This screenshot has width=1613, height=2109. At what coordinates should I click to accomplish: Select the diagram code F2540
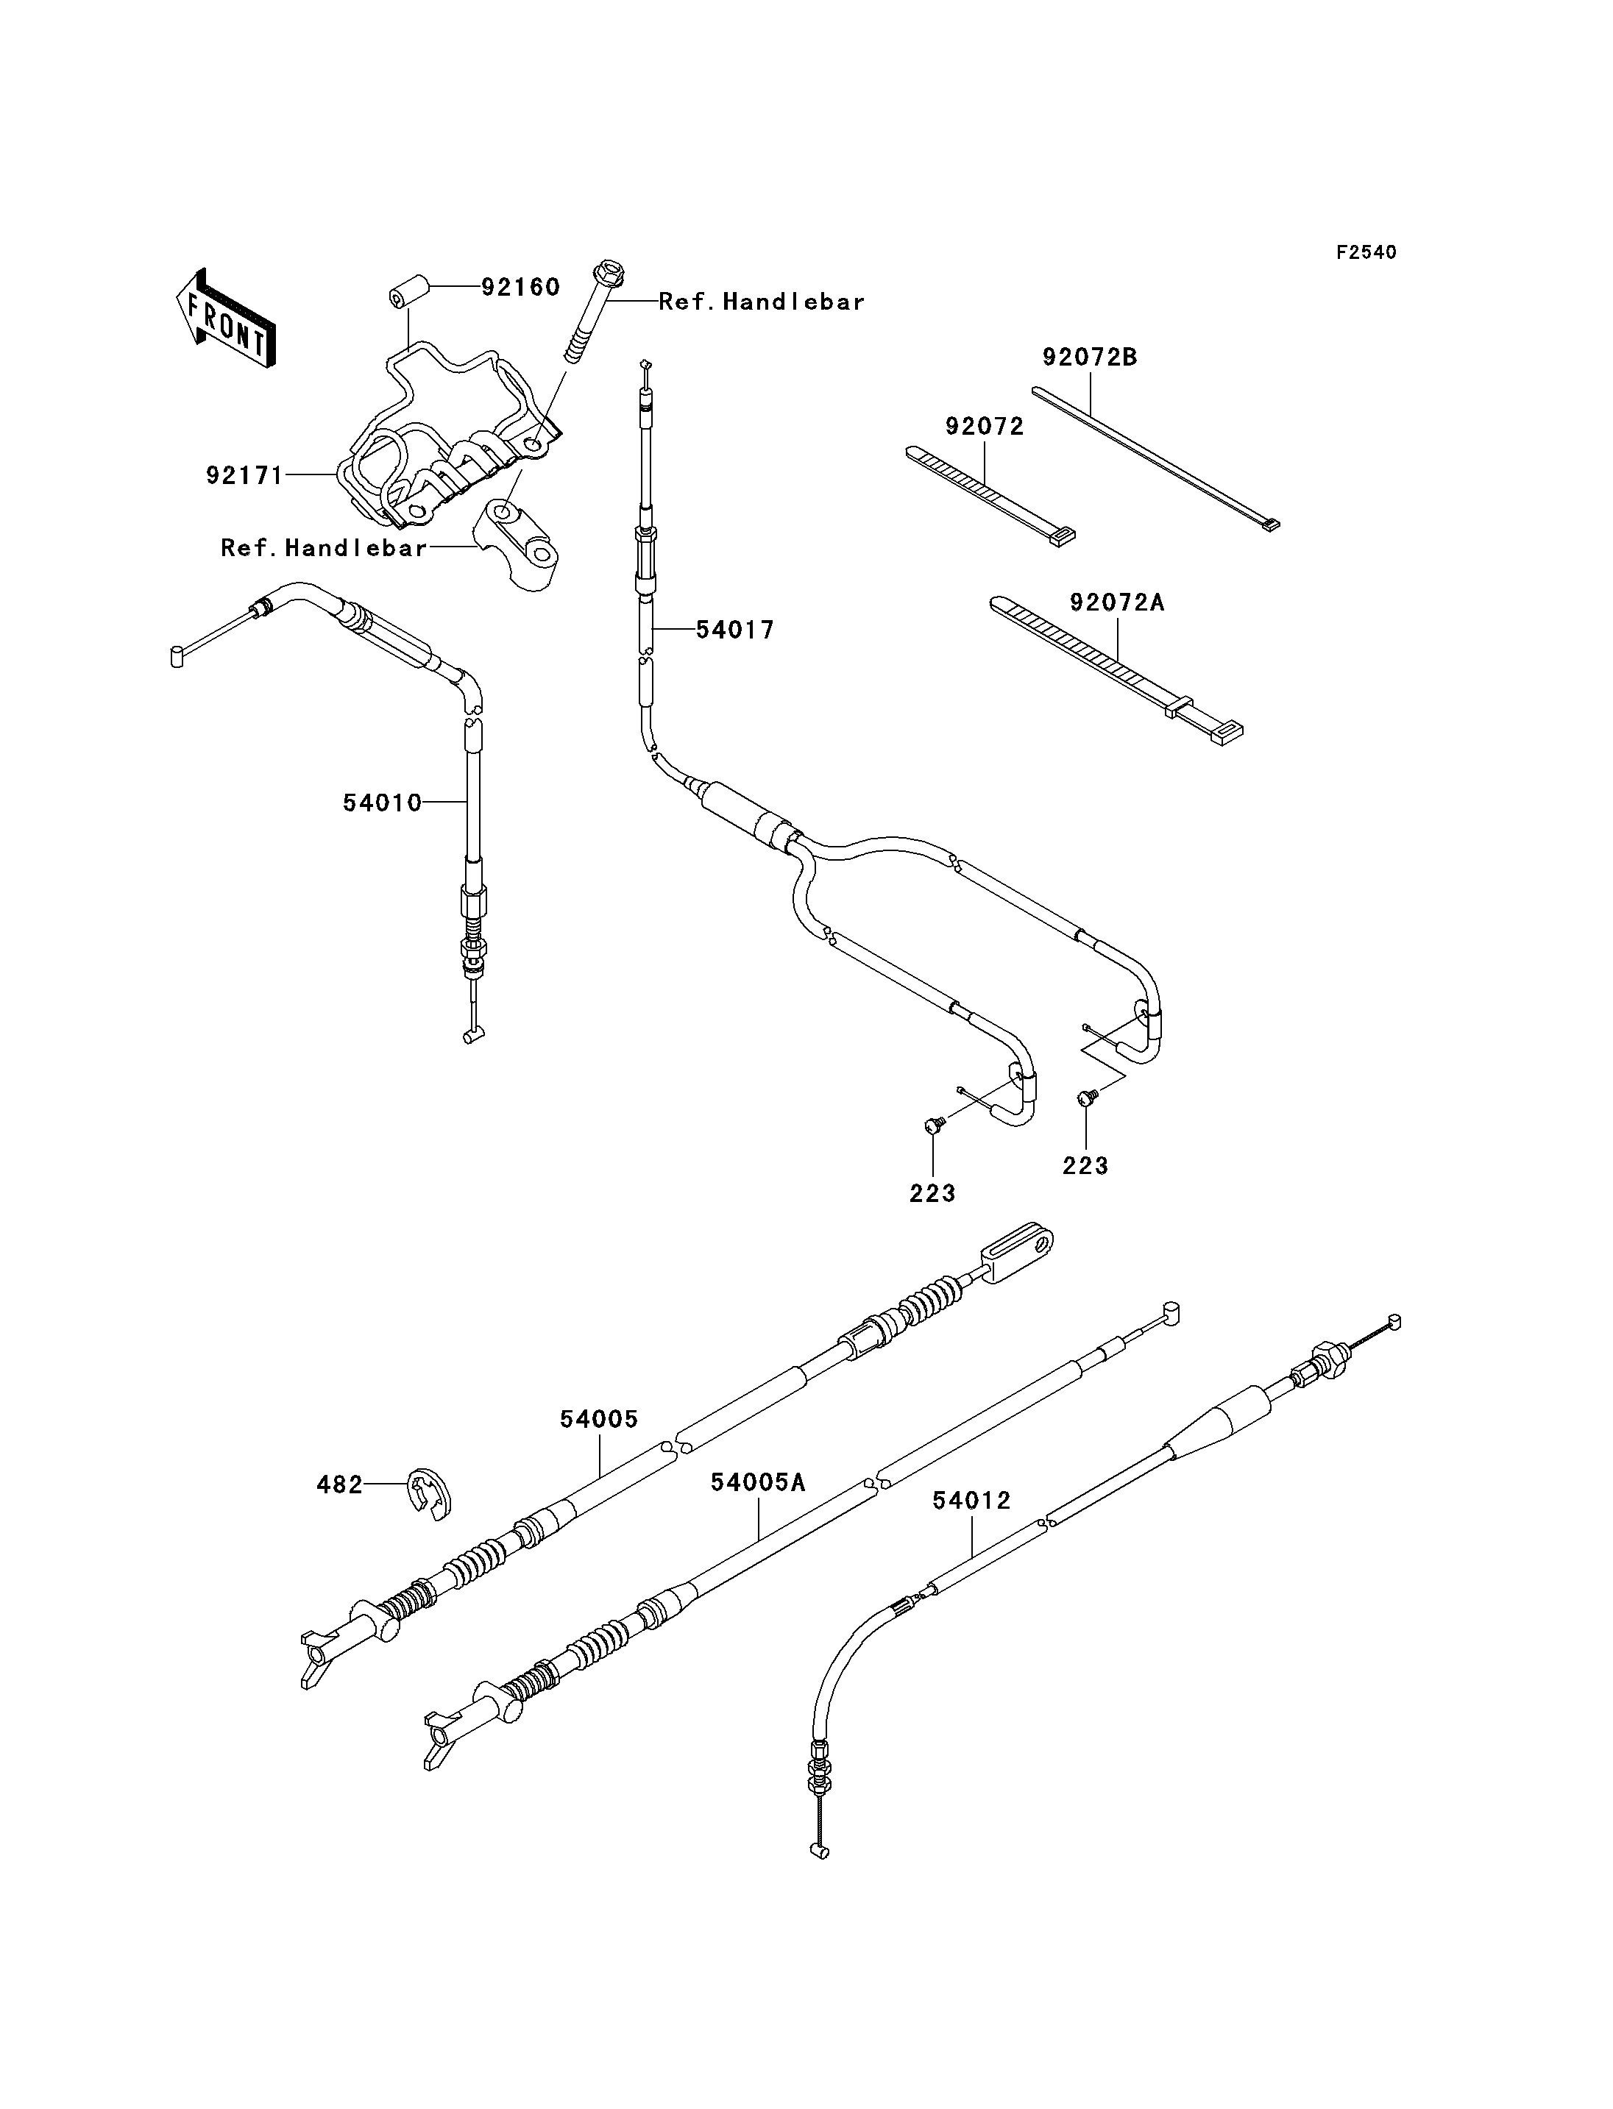[1366, 252]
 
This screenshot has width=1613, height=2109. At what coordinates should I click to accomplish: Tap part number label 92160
[520, 287]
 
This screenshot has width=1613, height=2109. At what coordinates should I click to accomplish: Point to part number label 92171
[245, 475]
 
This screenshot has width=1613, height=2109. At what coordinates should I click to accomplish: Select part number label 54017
[735, 630]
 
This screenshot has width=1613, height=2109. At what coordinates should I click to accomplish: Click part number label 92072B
[1090, 357]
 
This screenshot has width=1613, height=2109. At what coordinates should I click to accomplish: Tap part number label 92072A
[1118, 603]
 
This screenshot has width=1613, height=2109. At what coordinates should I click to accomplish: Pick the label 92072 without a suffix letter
[985, 426]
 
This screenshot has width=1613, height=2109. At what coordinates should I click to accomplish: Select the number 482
[340, 1485]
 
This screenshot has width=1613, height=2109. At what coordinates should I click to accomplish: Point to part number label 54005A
[759, 1482]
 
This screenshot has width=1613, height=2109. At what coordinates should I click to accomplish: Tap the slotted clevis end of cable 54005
[1017, 1253]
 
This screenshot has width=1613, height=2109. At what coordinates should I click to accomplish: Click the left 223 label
[933, 1193]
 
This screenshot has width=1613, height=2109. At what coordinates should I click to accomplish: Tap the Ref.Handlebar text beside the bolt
[762, 302]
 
